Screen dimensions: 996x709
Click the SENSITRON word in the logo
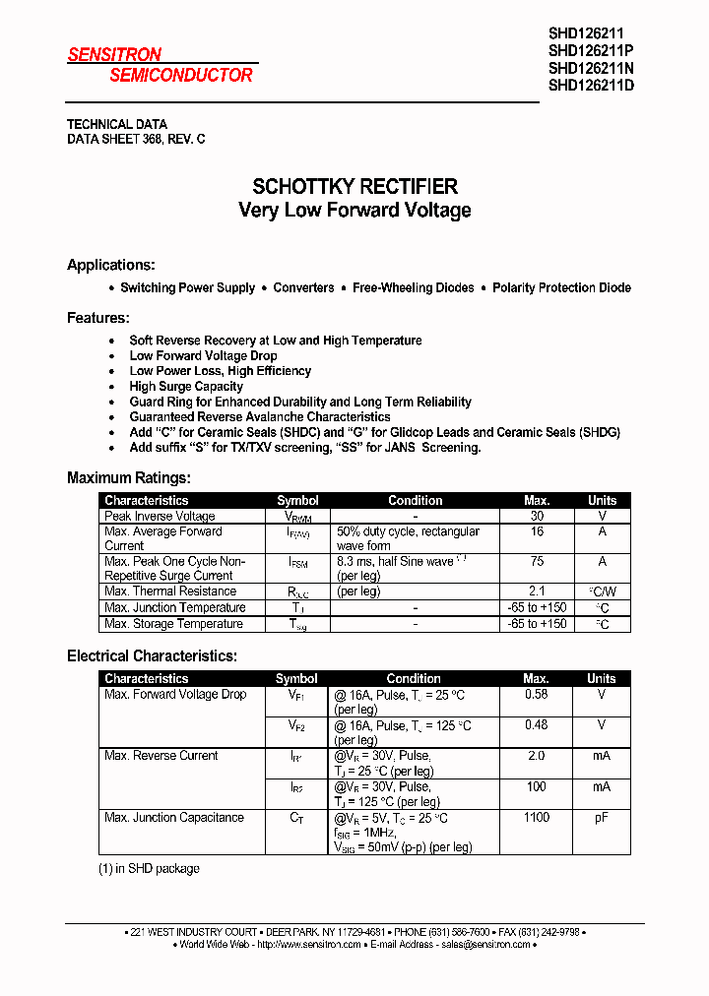(x=114, y=55)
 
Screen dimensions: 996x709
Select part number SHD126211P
(x=591, y=50)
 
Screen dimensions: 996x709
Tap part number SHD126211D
(x=591, y=85)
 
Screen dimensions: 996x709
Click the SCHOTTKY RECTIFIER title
(x=354, y=186)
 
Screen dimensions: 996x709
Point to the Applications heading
(x=110, y=265)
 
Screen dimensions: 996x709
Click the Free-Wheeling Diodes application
(x=413, y=288)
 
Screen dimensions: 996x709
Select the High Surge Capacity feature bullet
(x=186, y=387)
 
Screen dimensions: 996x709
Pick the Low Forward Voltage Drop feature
(x=203, y=355)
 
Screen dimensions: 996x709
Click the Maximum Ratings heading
(x=128, y=477)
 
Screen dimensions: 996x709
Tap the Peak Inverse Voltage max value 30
(x=537, y=516)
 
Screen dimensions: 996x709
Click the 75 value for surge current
(x=537, y=561)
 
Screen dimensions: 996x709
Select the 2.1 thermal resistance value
(x=537, y=591)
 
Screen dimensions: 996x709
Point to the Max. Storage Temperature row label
(x=173, y=624)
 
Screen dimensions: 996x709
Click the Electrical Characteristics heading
(x=152, y=655)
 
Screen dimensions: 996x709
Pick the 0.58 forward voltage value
(x=537, y=695)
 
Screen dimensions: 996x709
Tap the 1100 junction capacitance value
(x=537, y=818)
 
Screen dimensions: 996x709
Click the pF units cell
(x=602, y=818)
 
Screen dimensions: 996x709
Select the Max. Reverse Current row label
(x=161, y=756)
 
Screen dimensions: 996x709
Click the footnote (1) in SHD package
(x=149, y=869)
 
